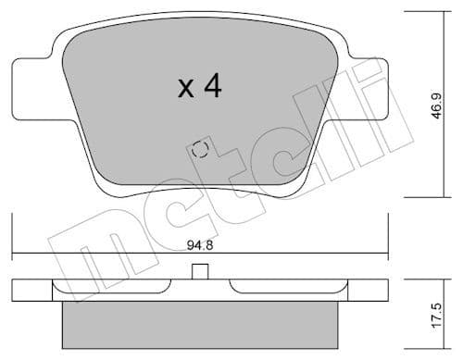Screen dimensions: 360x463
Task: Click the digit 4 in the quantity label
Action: pyautogui.click(x=211, y=87)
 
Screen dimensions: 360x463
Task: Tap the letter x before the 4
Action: pyautogui.click(x=185, y=90)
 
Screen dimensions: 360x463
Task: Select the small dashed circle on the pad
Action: pyautogui.click(x=199, y=150)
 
